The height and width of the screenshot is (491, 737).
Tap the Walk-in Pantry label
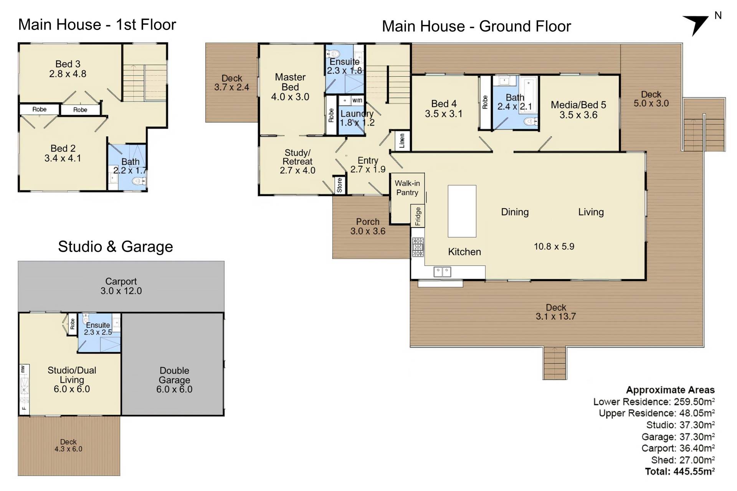tap(407, 188)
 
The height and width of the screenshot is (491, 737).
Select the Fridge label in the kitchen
tap(418, 216)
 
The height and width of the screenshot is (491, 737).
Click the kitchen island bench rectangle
tap(462, 211)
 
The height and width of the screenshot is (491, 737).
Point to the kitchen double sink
tap(442, 272)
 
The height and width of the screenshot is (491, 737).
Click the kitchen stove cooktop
tap(418, 247)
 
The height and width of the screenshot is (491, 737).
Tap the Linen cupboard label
tap(402, 140)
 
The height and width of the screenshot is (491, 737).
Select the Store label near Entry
tap(339, 185)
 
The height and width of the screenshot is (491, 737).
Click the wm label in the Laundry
tap(357, 100)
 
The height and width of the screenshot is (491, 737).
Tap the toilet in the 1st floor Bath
tap(139, 181)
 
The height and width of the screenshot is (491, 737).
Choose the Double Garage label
tap(174, 375)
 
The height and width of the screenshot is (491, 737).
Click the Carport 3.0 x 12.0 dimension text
tap(121, 291)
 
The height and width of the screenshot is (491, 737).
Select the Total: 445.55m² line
tap(680, 471)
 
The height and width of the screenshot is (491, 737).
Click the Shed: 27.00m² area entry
tap(683, 460)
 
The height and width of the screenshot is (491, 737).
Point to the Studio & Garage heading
tap(116, 247)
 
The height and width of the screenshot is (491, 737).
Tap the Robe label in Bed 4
tap(485, 102)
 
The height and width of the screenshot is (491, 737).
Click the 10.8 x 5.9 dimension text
tap(554, 247)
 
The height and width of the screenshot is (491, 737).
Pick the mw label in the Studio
tap(23, 369)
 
